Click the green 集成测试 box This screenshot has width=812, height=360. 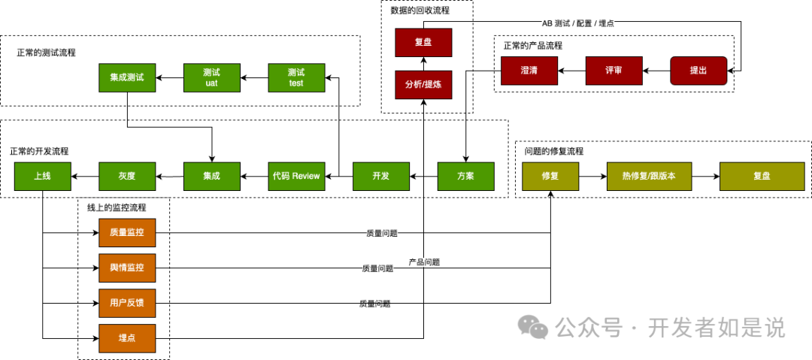[x=126, y=77]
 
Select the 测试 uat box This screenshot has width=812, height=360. [x=211, y=77]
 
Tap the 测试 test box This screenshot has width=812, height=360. [x=296, y=77]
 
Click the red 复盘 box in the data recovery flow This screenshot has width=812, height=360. [x=423, y=43]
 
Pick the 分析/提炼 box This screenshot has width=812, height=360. [x=423, y=85]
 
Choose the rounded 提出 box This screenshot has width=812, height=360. [x=698, y=70]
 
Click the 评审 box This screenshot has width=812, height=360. [x=614, y=70]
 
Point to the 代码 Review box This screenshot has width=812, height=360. [x=296, y=176]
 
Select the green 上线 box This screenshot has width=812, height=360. [x=42, y=176]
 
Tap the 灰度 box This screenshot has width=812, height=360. [x=126, y=176]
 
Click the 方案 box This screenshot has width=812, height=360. [x=466, y=176]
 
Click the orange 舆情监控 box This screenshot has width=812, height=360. [x=126, y=268]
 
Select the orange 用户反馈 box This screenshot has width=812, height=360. [x=126, y=304]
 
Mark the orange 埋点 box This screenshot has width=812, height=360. [x=126, y=339]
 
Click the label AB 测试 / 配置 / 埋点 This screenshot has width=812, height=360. [x=577, y=23]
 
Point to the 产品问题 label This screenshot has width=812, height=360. [x=424, y=262]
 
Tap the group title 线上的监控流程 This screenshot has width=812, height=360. [x=117, y=207]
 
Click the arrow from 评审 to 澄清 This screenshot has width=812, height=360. [x=571, y=70]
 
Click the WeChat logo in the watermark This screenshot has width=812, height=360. [x=535, y=327]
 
